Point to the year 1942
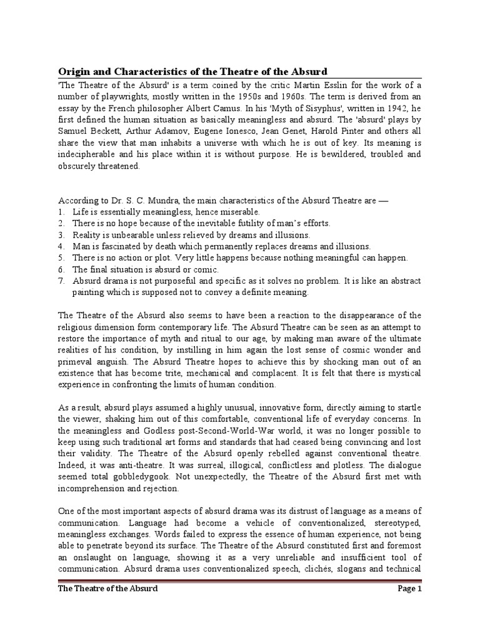pos(386,108)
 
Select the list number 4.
pos(61,246)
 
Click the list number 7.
pos(61,281)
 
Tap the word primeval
pos(78,361)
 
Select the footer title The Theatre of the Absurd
pos(107,589)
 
